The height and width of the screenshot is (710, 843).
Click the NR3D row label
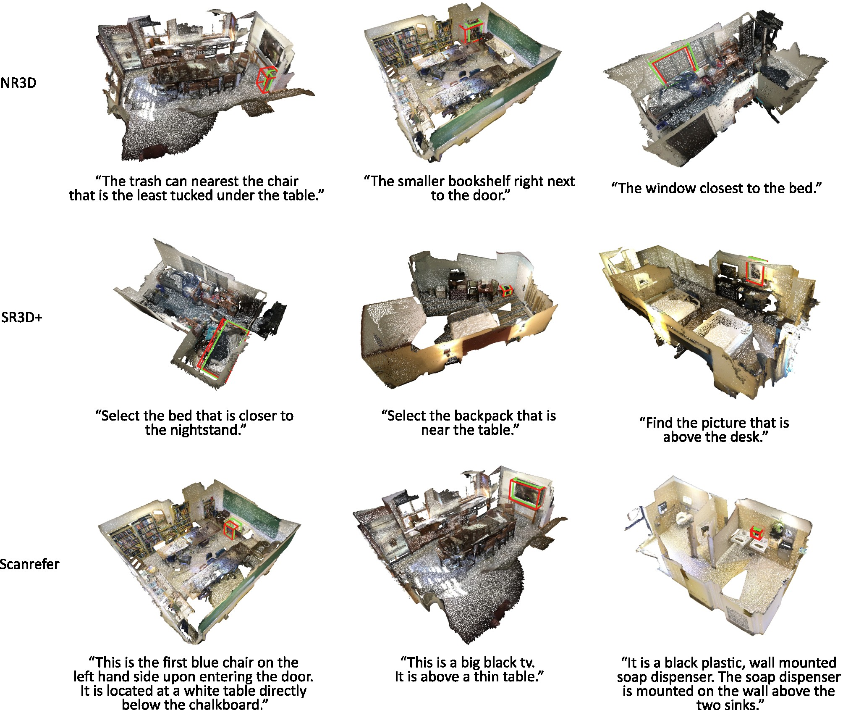pyautogui.click(x=18, y=83)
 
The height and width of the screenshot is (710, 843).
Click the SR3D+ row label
pyautogui.click(x=22, y=317)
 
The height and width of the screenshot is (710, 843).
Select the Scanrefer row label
pyautogui.click(x=29, y=564)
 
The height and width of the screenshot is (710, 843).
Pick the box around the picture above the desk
pyautogui.click(x=747, y=273)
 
